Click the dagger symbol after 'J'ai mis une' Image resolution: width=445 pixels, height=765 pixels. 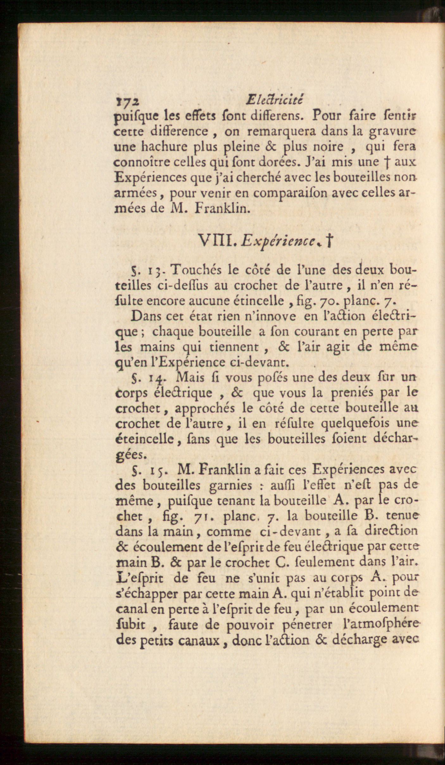pyautogui.click(x=387, y=162)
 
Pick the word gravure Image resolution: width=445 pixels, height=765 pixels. pyautogui.click(x=392, y=132)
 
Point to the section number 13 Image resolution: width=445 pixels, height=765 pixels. pyautogui.click(x=155, y=271)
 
